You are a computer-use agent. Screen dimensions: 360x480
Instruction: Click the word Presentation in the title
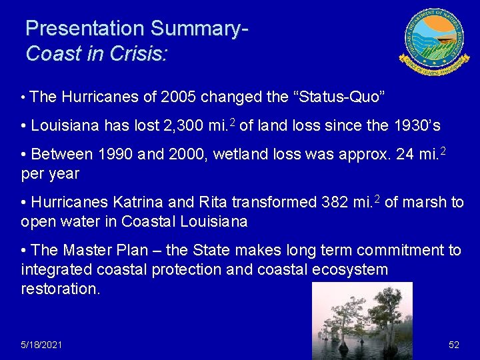pos(85,29)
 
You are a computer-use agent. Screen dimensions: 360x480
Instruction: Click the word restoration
pos(61,289)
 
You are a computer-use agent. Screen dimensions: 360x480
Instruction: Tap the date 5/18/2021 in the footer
pos(41,345)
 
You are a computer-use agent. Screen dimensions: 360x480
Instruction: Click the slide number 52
pos(453,345)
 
